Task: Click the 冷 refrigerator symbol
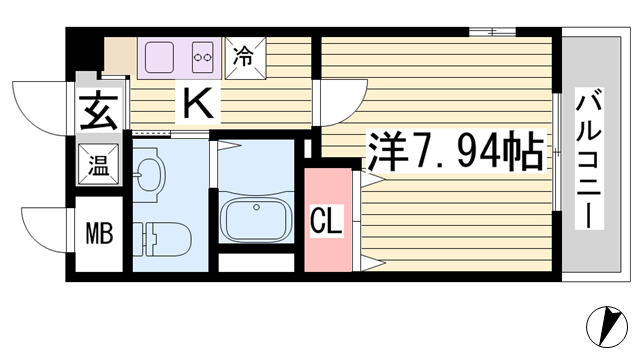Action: click(x=245, y=58)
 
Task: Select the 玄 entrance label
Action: click(x=99, y=111)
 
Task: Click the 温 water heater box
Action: click(x=99, y=164)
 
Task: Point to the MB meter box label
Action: click(x=99, y=233)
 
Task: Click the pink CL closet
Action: click(x=328, y=220)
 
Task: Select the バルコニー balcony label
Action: click(x=589, y=158)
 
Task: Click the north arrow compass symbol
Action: click(x=607, y=327)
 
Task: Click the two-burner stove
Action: click(x=203, y=57)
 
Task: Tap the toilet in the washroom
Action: click(x=162, y=239)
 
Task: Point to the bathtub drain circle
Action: click(x=256, y=207)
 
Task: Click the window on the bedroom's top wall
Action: click(x=492, y=31)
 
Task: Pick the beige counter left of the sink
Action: click(x=120, y=56)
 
